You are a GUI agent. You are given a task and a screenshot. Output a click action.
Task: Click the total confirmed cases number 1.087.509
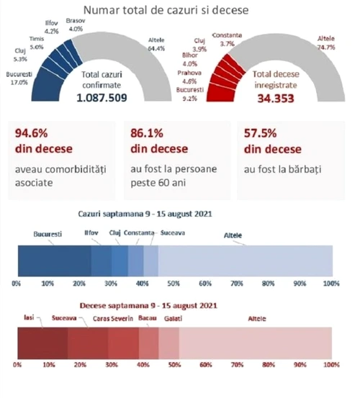102,98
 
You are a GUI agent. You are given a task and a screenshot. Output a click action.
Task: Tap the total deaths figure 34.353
276,99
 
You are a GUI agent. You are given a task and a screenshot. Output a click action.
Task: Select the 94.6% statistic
31,133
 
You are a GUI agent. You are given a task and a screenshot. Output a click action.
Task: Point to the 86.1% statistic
147,133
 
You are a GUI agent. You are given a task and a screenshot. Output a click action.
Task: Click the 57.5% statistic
260,133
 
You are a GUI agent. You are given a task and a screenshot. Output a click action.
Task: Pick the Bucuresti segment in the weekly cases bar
55,261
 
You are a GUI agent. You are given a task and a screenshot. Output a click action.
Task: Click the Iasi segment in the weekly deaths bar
42,343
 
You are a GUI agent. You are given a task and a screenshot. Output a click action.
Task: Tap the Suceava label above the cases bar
173,232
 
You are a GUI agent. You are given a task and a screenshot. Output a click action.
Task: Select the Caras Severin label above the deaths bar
113,319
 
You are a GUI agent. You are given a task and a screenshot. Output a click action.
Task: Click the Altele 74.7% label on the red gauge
326,43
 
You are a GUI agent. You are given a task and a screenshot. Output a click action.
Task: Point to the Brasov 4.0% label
76,24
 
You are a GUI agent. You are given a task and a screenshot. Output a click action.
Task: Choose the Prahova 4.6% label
189,77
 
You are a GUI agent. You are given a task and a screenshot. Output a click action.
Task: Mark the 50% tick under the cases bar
174,284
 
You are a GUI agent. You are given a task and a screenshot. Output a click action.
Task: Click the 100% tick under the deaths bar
331,365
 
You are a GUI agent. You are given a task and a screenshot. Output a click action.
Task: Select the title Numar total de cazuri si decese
166,10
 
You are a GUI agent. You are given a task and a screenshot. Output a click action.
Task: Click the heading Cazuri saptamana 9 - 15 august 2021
145,214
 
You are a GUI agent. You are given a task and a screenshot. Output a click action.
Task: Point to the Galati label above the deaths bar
173,319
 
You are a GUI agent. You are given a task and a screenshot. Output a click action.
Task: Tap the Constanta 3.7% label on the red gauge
227,40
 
